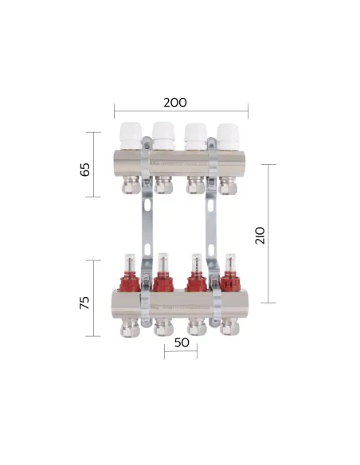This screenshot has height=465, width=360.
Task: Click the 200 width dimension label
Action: pos(175,103)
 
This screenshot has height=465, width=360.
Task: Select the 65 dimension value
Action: pos(87,170)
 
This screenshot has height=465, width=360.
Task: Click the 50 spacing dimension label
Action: pos(180,342)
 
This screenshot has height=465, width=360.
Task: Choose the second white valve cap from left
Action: pos(164,135)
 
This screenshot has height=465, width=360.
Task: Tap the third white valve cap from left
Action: pos(197,135)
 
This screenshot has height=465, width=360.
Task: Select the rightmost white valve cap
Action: pos(229,135)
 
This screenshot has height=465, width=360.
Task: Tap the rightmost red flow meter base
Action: pos(229,282)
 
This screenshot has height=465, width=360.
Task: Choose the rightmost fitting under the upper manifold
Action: pos(229,186)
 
